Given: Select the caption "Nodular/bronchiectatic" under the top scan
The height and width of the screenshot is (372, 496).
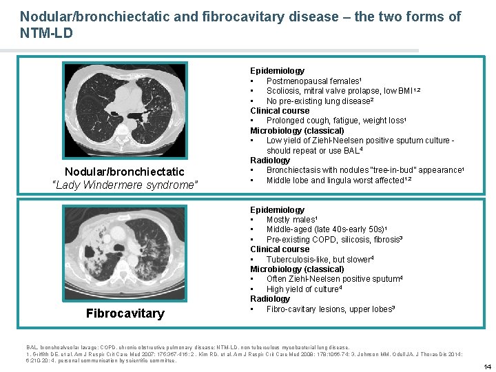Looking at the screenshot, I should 125,172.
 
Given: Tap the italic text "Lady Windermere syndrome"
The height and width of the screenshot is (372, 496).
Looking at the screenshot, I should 125,185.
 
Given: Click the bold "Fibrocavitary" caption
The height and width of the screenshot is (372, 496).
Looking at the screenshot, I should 125,313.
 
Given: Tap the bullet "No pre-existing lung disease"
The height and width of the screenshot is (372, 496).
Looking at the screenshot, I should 319,101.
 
